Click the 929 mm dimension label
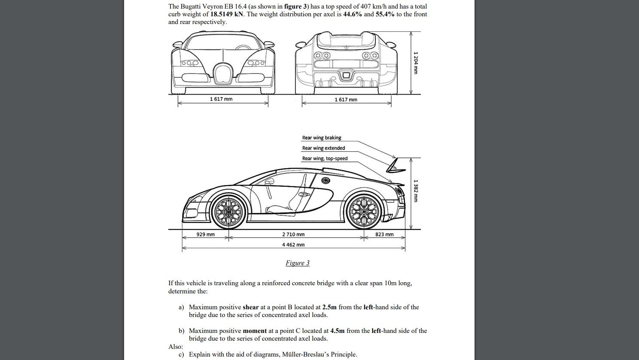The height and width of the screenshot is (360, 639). tap(205, 235)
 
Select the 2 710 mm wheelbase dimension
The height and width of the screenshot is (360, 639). tap(293, 235)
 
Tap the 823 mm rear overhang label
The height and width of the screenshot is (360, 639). tap(384, 235)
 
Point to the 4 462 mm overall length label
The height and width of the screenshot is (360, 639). tap(293, 245)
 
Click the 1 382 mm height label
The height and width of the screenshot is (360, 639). tap(415, 191)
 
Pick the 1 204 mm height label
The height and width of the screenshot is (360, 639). tap(415, 63)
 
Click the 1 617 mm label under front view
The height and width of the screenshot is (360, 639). tap(221, 99)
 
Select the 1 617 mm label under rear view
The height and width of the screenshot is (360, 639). tap(346, 100)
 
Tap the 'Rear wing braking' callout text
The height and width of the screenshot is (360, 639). tap(322, 138)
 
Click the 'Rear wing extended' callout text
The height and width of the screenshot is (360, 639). tap(323, 148)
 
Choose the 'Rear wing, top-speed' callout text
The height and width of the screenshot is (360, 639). tap(325, 159)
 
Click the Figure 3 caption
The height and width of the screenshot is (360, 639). tap(298, 263)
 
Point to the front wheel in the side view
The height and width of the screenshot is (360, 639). tap(228, 211)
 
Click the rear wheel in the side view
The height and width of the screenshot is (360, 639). tap(364, 211)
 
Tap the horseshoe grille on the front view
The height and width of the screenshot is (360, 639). tap(223, 73)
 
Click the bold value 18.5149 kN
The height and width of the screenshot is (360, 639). tap(227, 14)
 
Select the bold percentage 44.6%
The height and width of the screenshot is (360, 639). tap(353, 14)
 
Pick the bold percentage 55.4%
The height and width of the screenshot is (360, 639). tap(385, 14)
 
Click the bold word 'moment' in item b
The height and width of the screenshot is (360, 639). tap(255, 331)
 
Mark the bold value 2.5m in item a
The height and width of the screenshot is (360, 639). tap(329, 307)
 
